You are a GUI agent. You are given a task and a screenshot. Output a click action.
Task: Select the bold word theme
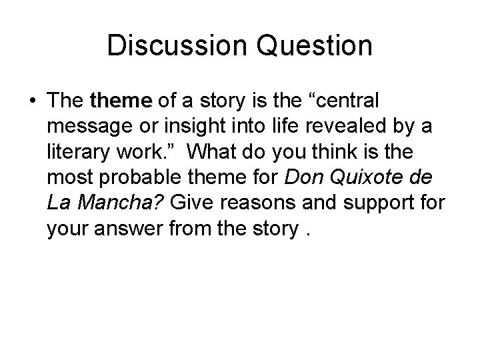point(122,101)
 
